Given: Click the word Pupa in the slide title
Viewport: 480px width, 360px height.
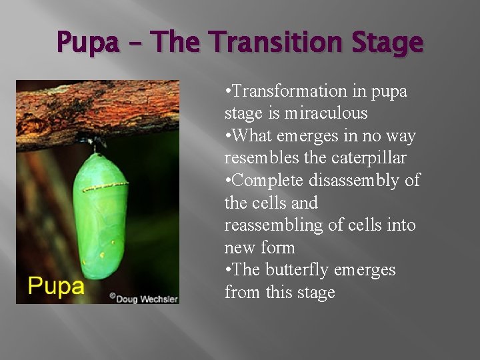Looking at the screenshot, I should (x=88, y=43).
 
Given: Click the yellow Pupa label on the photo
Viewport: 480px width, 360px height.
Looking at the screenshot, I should (x=56, y=287).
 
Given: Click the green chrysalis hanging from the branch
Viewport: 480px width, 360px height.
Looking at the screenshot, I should (x=100, y=213).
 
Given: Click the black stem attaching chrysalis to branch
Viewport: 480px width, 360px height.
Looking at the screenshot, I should (x=97, y=143).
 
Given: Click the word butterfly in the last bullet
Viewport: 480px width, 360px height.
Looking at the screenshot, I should (x=298, y=270).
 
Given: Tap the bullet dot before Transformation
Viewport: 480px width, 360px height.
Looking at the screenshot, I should (x=228, y=91).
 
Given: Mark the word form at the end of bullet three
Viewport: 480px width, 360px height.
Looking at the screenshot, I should (x=279, y=248).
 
